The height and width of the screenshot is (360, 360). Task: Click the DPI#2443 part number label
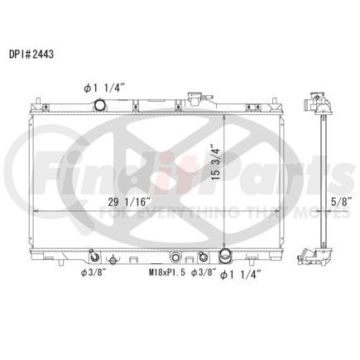click(31, 55)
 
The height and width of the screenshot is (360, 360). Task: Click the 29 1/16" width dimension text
click(129, 202)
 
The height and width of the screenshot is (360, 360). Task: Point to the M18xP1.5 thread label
click(167, 273)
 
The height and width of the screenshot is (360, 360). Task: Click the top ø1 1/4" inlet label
click(104, 89)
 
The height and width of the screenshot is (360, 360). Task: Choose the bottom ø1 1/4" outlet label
click(241, 275)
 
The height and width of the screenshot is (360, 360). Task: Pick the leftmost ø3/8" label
click(94, 273)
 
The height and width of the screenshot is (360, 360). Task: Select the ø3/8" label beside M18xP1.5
click(204, 273)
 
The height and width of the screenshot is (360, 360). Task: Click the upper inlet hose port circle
click(99, 104)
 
